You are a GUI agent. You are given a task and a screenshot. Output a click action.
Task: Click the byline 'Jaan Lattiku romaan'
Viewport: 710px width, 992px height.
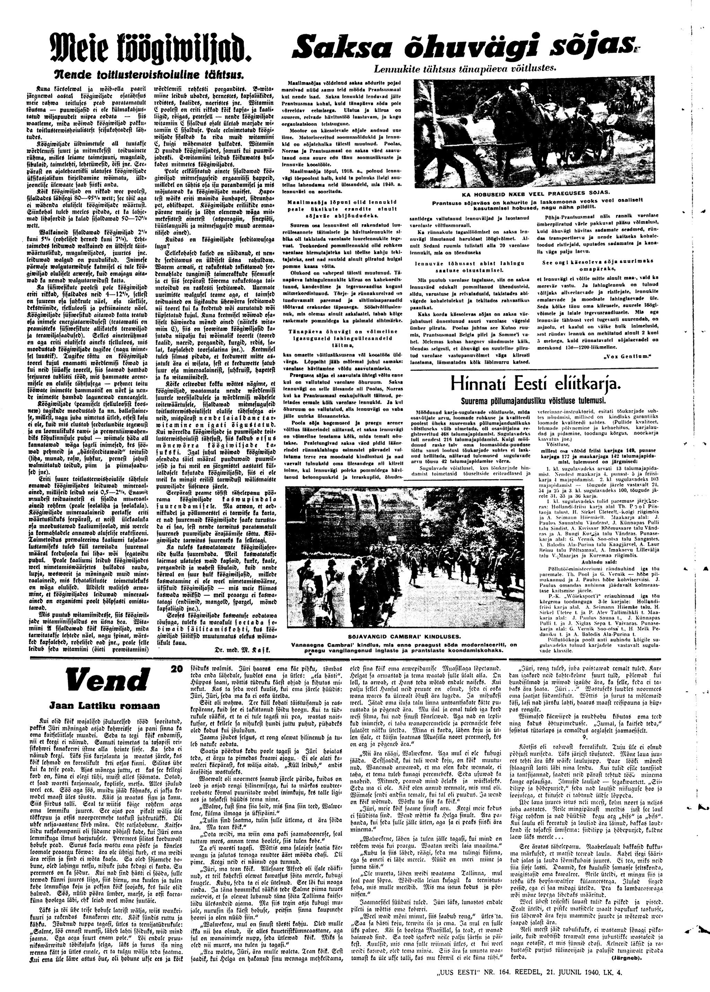(98, 705)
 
